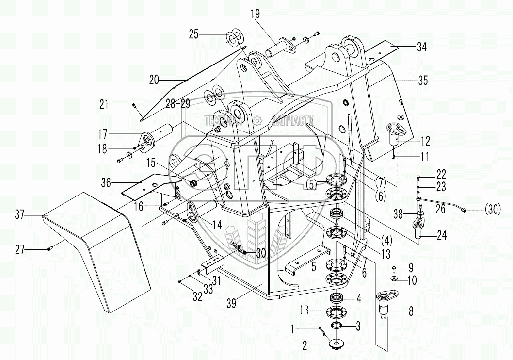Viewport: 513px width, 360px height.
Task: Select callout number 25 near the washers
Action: tap(194, 34)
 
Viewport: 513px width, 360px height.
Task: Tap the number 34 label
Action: tap(421, 47)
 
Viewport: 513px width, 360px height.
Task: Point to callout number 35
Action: tap(423, 81)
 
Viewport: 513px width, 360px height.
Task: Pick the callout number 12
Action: tap(425, 141)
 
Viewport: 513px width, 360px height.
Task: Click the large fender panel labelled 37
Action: tap(92, 252)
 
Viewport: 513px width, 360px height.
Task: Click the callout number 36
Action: tap(107, 182)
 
